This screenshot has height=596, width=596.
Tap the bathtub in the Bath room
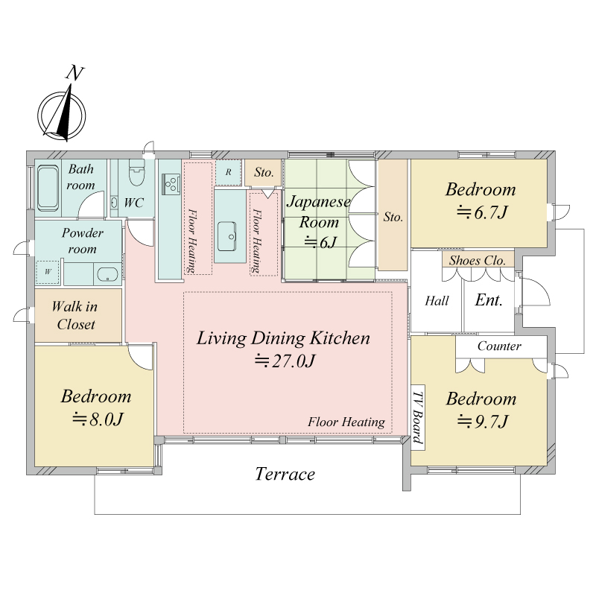[48, 188]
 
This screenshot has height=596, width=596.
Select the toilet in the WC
[136, 173]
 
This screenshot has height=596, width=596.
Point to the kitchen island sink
[227, 236]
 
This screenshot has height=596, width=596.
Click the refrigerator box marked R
[229, 172]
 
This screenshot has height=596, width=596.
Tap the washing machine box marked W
[48, 272]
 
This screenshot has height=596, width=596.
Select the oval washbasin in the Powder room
[107, 274]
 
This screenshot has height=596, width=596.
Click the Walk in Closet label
[75, 315]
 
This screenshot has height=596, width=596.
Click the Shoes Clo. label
[478, 260]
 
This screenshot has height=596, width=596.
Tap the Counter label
[499, 346]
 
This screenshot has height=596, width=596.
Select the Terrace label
[285, 474]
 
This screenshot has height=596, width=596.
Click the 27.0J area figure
[285, 361]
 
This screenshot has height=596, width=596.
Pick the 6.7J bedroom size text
[482, 212]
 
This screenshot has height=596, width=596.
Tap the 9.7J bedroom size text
[482, 421]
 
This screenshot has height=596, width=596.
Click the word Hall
[437, 301]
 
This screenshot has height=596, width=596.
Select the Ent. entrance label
[489, 300]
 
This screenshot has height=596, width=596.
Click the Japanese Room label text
[319, 212]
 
